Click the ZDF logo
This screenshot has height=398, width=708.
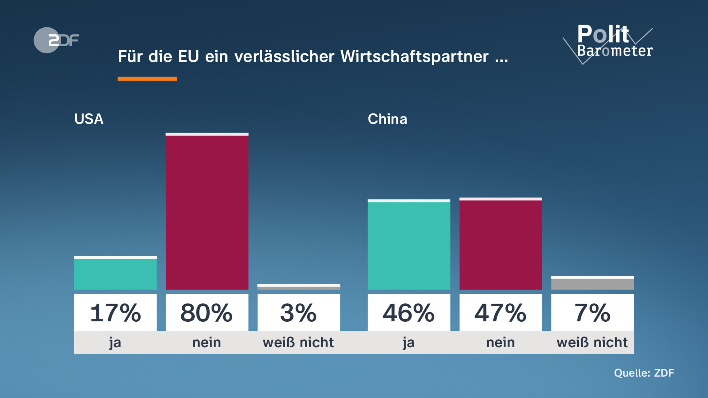56,40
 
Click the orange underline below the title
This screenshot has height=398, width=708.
147,79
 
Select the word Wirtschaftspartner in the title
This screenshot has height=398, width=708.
414,56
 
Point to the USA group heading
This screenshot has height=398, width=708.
89,119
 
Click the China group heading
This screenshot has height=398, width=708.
387,119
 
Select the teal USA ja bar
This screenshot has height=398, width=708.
115,273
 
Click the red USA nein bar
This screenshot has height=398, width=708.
207,211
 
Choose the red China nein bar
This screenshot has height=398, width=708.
501,244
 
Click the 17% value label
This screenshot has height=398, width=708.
115,313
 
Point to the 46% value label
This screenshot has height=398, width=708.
409,313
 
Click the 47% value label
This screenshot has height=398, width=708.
501,313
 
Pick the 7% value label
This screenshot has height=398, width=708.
592,313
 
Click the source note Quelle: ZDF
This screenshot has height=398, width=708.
644,373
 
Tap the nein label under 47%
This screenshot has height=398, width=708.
501,343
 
